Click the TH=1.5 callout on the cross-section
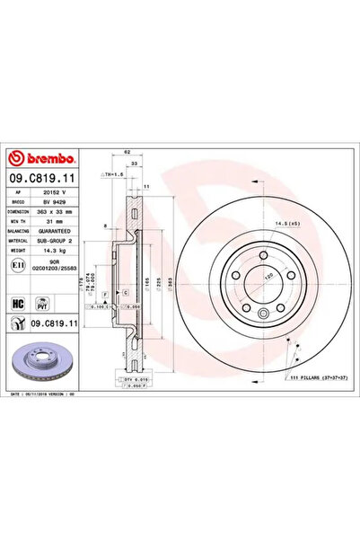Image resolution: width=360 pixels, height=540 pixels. tap(114, 173)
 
